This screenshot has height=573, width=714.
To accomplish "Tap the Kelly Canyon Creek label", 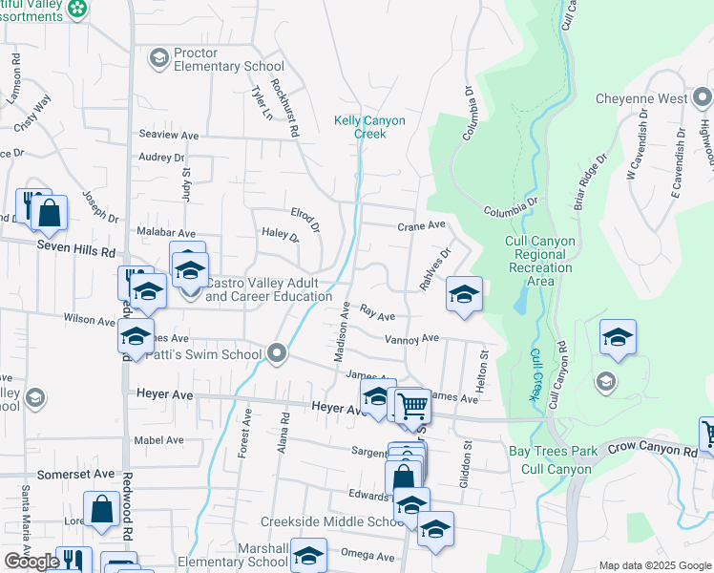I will pyautogui.click(x=369, y=127).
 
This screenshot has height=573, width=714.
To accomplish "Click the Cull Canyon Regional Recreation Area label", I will pyautogui.click(x=541, y=262).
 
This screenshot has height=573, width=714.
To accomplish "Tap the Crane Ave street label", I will pyautogui.click(x=422, y=225).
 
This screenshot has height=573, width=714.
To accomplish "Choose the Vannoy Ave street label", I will pyautogui.click(x=411, y=338).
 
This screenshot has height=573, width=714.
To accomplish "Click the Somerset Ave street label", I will pyautogui.click(x=75, y=474).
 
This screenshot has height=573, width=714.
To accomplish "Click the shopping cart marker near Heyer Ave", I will pyautogui.click(x=413, y=405).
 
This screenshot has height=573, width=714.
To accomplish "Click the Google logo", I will pyautogui.click(x=31, y=562).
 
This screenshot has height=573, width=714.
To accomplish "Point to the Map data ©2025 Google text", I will pyautogui.click(x=654, y=565).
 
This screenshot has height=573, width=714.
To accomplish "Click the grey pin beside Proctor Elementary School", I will pyautogui.click(x=158, y=59).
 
